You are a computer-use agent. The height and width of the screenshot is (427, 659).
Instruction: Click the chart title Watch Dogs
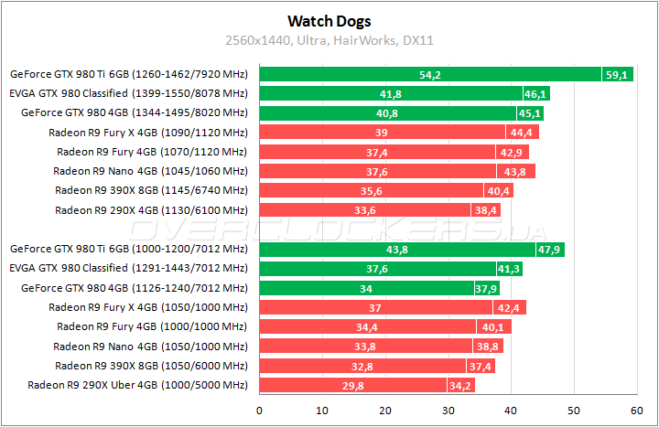[329, 20]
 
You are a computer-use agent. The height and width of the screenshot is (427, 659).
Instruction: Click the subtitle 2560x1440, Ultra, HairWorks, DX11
[329, 40]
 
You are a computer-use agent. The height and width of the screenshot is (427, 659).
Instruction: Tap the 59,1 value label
[615, 75]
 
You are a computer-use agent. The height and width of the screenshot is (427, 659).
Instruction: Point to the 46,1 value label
[535, 94]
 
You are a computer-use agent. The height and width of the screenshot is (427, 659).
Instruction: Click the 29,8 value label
[353, 386]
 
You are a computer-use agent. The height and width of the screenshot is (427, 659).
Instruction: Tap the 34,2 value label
[460, 386]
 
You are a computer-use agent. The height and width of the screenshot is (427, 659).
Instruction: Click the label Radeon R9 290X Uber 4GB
[138, 386]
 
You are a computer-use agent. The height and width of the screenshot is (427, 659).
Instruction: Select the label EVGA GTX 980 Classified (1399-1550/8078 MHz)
[128, 93]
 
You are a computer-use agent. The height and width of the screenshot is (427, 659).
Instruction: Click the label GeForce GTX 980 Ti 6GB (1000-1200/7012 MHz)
[128, 249]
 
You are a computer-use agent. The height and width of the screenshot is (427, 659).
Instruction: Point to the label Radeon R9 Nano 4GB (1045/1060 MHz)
[150, 171]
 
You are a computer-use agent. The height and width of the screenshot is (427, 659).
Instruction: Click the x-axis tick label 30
[448, 409]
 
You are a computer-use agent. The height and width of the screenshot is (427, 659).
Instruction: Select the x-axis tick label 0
[260, 409]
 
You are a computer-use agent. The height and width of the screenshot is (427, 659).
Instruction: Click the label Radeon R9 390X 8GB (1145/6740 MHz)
[151, 190]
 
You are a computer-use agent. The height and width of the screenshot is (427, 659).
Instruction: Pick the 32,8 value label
[362, 366]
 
